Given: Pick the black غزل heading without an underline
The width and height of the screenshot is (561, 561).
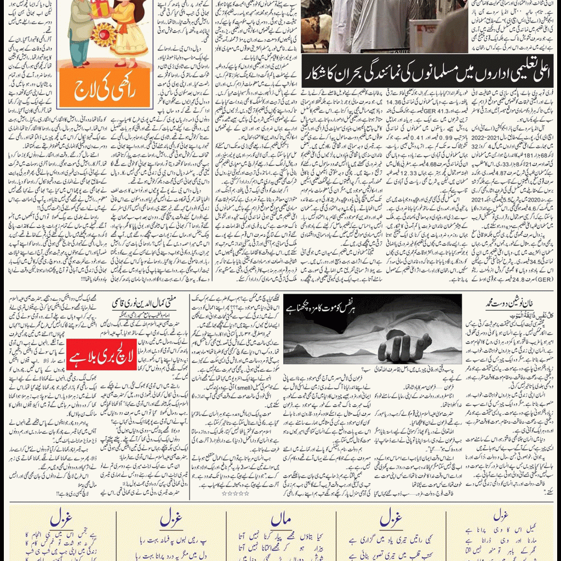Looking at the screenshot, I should point(500,516).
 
